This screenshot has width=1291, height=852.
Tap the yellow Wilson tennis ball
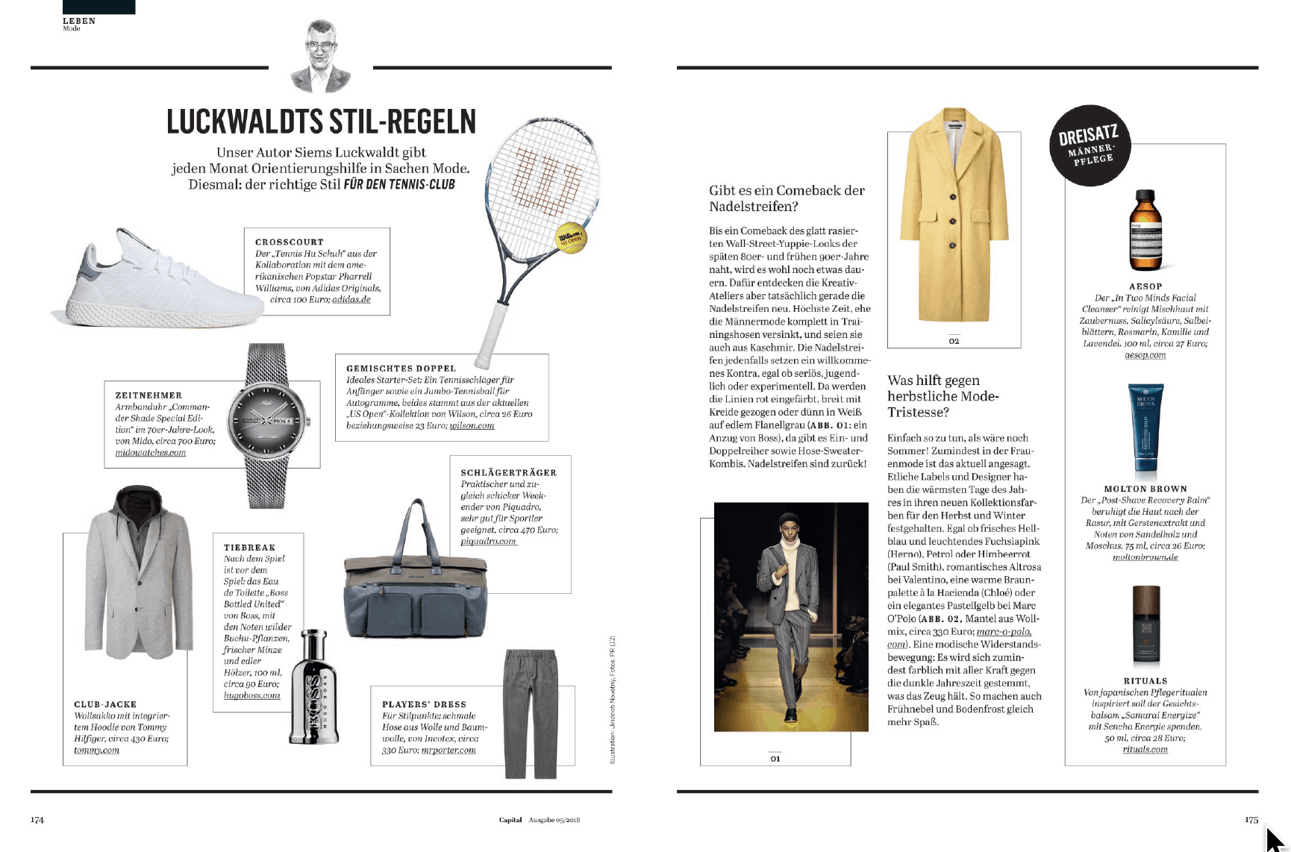(x=572, y=238)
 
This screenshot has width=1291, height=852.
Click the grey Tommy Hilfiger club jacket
(x=138, y=582)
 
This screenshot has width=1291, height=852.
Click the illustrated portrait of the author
(x=320, y=57)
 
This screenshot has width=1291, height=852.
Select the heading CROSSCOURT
(x=290, y=242)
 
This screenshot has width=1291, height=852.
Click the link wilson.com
(x=472, y=426)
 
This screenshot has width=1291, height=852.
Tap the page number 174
(x=37, y=820)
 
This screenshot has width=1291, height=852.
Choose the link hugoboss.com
(x=251, y=695)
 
